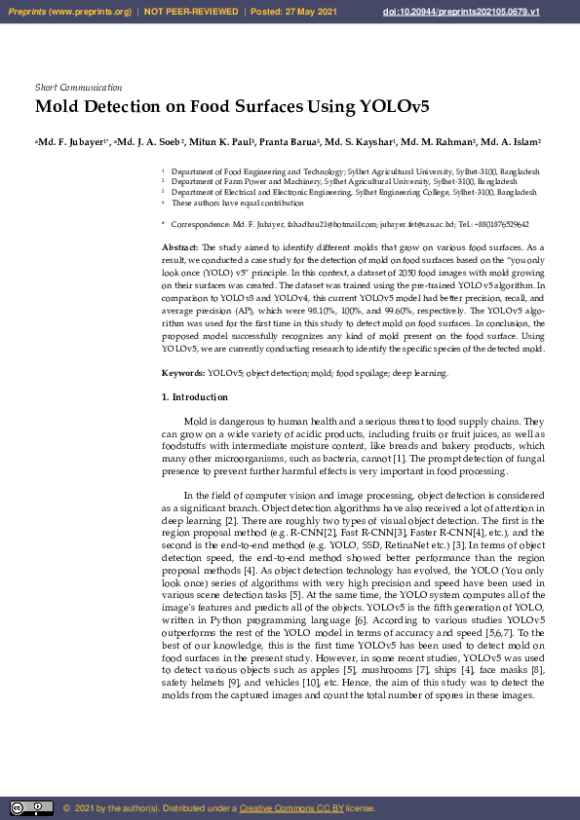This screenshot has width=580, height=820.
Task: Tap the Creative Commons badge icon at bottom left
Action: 31,808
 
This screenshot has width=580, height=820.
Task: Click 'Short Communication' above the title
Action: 78,88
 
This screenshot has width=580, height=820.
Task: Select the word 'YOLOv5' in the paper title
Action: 394,106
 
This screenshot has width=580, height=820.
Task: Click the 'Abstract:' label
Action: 180,249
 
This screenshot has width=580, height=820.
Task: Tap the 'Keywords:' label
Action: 183,373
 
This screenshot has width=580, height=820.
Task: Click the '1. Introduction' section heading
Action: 195,397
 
